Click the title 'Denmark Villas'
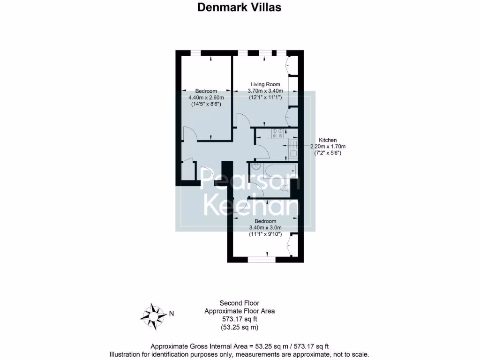click(240, 7)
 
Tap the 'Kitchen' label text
click(328, 140)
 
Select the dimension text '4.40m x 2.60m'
click(206, 97)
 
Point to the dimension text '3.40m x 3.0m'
click(265, 228)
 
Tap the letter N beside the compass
click(172, 314)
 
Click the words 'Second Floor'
click(240, 303)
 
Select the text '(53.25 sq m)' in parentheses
click(240, 327)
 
